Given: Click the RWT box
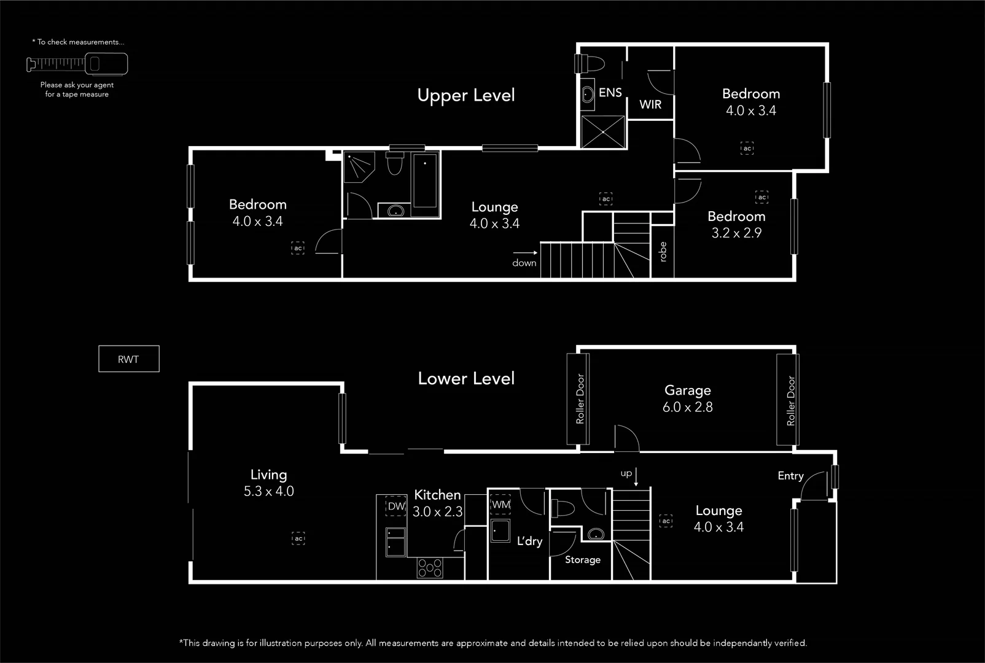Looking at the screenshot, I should coord(128,359).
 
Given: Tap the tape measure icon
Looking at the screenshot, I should coord(77,63).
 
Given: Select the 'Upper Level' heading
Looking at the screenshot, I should coord(466,95).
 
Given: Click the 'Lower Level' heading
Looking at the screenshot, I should coord(466,378).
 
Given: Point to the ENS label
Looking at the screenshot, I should coord(610,93).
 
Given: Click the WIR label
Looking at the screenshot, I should coord(650,104).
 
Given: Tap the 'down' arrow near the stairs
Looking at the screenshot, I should coord(525,252).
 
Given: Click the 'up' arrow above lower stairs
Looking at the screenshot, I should coord(636,476).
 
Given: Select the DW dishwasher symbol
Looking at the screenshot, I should coord(396,506).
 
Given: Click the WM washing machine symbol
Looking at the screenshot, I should coord(501,505).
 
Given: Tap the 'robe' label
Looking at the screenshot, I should coord(663,252).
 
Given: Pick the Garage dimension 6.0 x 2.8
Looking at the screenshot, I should coord(687,407).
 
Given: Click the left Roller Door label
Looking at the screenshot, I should coord(580,399).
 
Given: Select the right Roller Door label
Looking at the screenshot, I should coord(790,400).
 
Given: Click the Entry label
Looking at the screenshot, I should coord(790,476).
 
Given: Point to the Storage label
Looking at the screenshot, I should coord(582,560).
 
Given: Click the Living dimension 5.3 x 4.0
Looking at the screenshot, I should coord(268,492).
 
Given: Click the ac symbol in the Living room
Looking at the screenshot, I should coord(298,538).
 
